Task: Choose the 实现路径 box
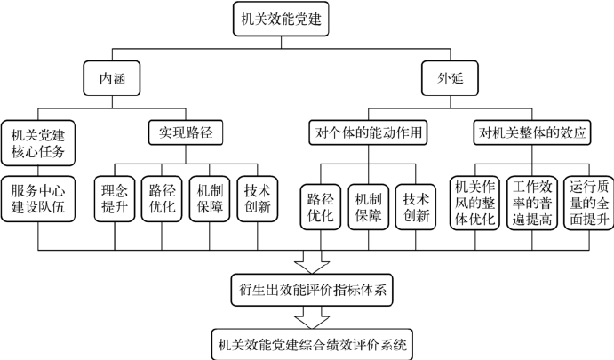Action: coord(185,133)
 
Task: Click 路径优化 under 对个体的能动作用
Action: coord(319,205)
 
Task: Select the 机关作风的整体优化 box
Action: coord(474,205)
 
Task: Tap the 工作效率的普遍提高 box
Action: coord(531,205)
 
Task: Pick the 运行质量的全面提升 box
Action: coord(587,205)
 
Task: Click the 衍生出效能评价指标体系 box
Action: coord(313,289)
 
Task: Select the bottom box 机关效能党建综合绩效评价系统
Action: coord(313,343)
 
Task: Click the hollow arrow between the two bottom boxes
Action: coord(313,316)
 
